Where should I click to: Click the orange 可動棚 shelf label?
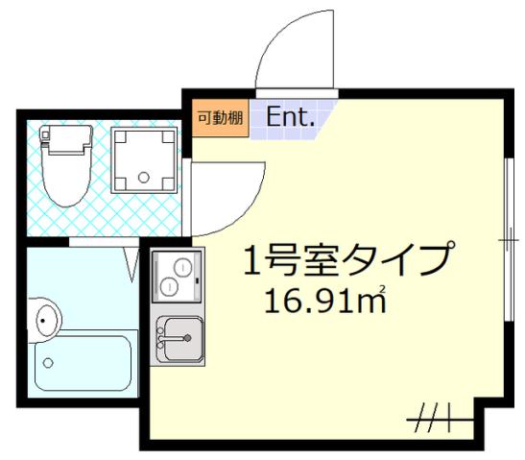[x=220, y=118]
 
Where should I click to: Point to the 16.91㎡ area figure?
[x=325, y=303]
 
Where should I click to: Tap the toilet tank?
[x=65, y=141]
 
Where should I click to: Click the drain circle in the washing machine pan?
[x=145, y=177]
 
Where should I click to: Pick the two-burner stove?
[x=176, y=276]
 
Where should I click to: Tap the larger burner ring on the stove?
[x=170, y=285]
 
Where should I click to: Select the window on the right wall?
[x=506, y=240]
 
